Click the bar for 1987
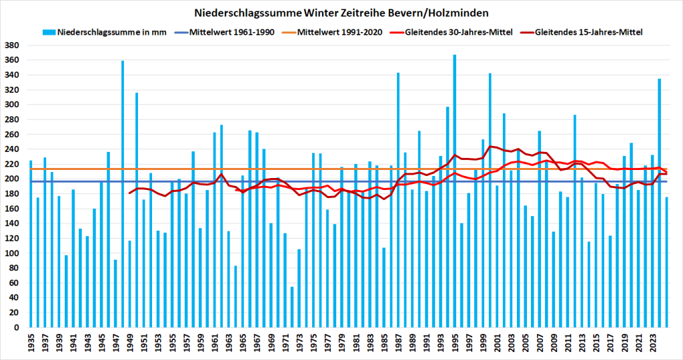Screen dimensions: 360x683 (x=398, y=200)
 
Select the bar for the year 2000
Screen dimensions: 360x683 (x=490, y=200)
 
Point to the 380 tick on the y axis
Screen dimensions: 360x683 (x=13, y=45)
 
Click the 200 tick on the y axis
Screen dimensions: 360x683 (x=13, y=179)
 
